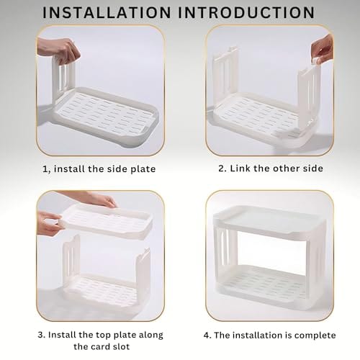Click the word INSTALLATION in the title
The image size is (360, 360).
point(107,12)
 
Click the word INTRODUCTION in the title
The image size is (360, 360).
point(246,12)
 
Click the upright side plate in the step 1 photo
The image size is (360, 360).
point(63,77)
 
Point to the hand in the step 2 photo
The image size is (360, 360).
point(322,49)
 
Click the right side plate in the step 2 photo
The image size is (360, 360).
point(308,96)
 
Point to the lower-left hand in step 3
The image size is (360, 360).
point(49,223)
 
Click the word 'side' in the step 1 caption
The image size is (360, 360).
point(117,168)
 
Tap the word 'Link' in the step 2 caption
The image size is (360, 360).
point(240,168)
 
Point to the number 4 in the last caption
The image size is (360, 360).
point(207,336)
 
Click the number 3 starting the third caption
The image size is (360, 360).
point(41,335)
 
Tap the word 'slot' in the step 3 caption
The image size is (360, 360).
point(122,346)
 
